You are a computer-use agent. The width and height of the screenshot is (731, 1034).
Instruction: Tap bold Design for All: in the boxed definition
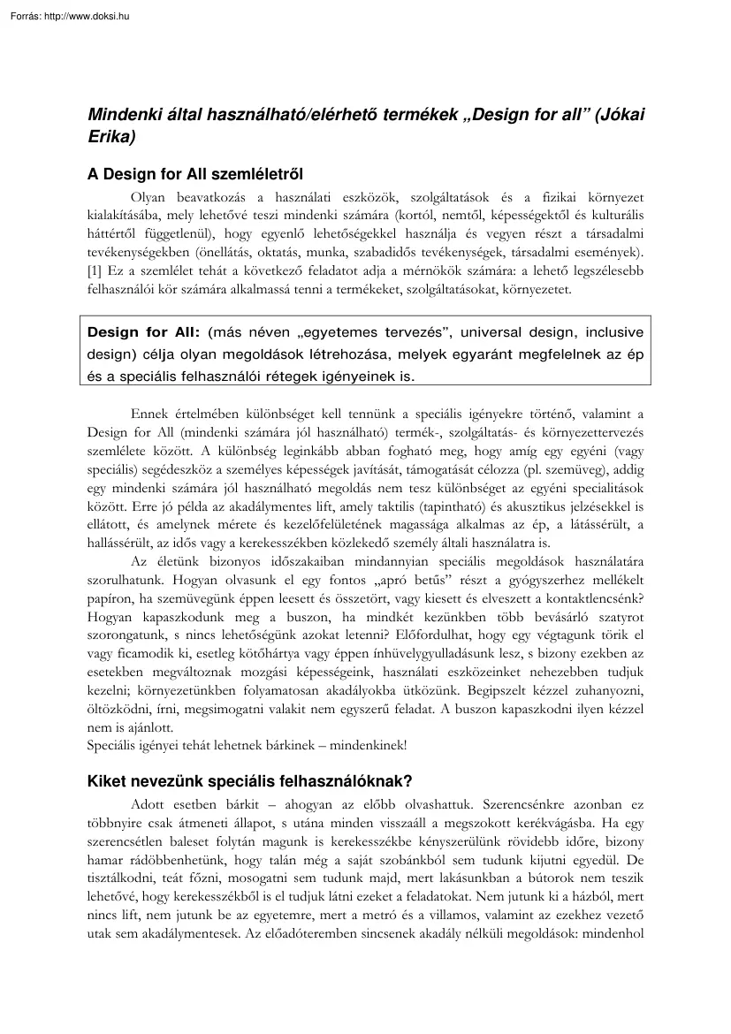144,332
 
